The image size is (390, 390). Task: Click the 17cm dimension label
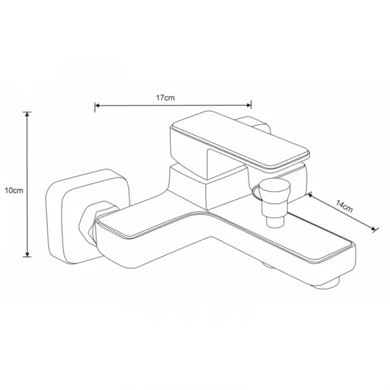tap(165, 97)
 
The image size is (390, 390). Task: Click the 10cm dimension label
tap(14, 190)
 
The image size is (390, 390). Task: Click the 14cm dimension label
tap(344, 206)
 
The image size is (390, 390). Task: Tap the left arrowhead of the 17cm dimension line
tap(97, 106)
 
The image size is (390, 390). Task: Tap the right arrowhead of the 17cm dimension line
tap(248, 105)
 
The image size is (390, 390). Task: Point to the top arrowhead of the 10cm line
tap(27, 114)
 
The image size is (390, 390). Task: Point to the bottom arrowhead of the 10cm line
tap(27, 254)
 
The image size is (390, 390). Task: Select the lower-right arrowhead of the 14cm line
tap(373, 229)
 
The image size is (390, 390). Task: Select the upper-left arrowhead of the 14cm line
tap(310, 195)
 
